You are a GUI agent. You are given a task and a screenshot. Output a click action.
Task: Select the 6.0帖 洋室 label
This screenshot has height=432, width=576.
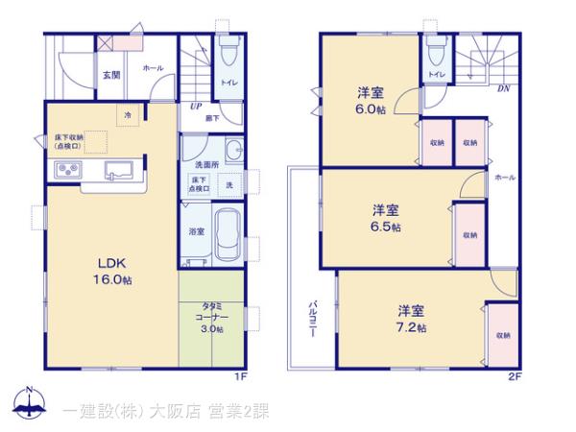coord(372,100)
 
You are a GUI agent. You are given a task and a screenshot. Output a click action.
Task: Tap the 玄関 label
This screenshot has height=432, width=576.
coord(110,75)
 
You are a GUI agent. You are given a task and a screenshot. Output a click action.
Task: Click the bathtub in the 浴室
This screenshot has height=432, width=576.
coord(227,232)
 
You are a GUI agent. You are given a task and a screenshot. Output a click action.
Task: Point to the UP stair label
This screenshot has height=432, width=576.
coord(195,107)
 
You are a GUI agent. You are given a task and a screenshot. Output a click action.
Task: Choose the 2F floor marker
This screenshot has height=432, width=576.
coord(514,377)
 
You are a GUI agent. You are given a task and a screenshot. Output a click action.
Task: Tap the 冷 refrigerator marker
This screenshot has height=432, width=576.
coord(128,115)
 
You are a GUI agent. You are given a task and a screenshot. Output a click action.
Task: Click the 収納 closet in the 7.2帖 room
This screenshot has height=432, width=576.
coord(503,335)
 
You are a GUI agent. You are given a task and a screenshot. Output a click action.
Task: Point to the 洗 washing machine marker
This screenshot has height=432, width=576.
coord(229,182)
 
